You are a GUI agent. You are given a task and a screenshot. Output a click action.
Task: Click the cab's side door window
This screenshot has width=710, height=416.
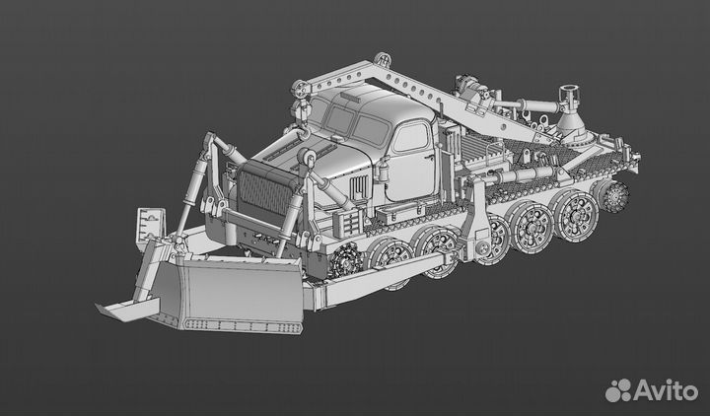(x=410, y=136)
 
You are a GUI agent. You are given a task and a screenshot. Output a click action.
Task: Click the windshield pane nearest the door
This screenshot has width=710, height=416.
(x=371, y=129)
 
